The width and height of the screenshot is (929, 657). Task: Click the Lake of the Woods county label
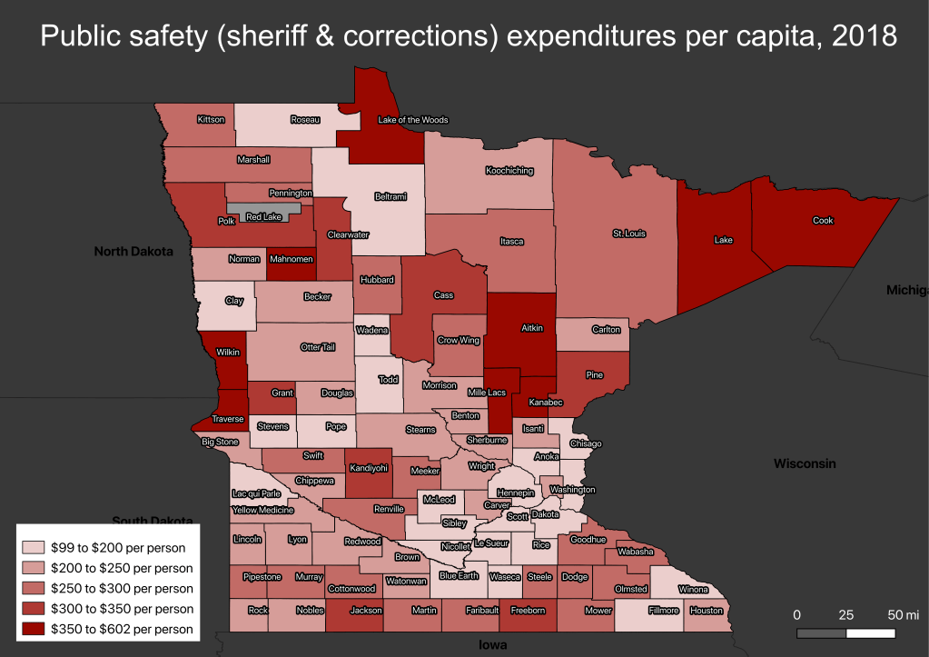click(412, 120)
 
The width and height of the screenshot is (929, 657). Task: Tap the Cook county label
click(823, 221)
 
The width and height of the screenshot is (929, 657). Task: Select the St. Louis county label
click(628, 234)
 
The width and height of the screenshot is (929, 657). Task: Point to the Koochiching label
click(509, 171)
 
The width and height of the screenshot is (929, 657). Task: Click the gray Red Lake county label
click(264, 217)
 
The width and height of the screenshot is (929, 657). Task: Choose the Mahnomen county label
click(292, 259)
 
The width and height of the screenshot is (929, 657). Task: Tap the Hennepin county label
click(516, 493)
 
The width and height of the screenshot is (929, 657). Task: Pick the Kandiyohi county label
click(370, 468)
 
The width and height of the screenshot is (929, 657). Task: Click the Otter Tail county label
click(318, 347)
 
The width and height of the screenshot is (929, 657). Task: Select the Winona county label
click(693, 589)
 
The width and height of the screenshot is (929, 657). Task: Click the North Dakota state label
click(133, 252)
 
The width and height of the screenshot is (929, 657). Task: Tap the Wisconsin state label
click(804, 463)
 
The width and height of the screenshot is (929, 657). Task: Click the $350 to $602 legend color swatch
click(34, 629)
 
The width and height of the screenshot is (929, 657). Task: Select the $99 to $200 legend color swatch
click(34, 548)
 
